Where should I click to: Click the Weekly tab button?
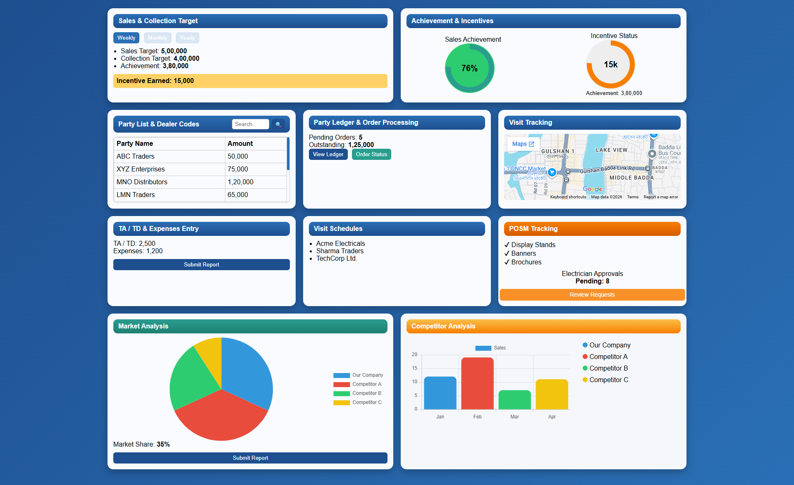pos(126,38)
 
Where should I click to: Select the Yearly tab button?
pos(187,38)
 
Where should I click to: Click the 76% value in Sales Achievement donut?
pos(469,68)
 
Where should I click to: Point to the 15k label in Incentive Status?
pos(610,64)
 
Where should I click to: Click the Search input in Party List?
pos(250,124)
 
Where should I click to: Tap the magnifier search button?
pos(278,124)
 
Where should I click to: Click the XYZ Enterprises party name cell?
pos(141,169)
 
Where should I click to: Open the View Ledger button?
pos(328,154)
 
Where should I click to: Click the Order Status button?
pos(371,154)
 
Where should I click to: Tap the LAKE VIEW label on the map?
pos(611,150)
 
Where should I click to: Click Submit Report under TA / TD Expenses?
pos(201,264)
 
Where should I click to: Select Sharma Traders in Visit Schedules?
pos(340,251)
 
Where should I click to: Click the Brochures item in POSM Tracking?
pos(526,262)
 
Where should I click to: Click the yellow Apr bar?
pos(552,395)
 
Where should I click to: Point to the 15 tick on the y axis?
pos(414,368)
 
